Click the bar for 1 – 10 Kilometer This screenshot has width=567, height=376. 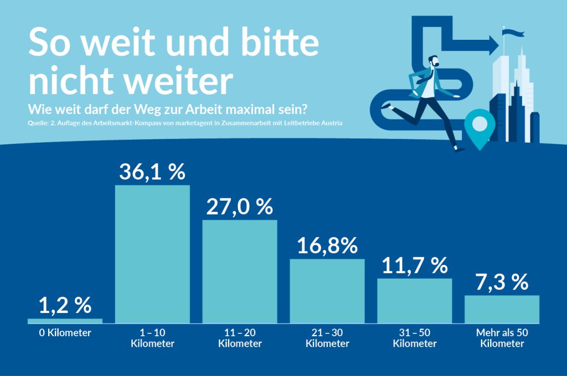click(x=152, y=254)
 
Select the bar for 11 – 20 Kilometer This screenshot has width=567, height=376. click(x=239, y=271)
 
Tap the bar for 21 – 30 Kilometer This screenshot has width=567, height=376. click(x=327, y=291)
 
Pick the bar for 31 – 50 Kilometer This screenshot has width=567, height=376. click(x=415, y=300)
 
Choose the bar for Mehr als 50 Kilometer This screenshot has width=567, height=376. click(x=502, y=309)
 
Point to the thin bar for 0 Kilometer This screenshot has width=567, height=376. click(x=65, y=321)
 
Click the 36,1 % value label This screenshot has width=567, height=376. click(x=152, y=171)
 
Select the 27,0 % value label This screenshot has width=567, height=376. click(x=239, y=206)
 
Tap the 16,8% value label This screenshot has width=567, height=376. click(x=327, y=246)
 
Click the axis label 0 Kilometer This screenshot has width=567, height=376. click(x=65, y=333)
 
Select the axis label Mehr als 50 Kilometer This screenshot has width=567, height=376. click(x=502, y=338)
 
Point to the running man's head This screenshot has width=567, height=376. click(x=433, y=62)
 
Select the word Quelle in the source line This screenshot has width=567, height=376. click(x=38, y=123)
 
